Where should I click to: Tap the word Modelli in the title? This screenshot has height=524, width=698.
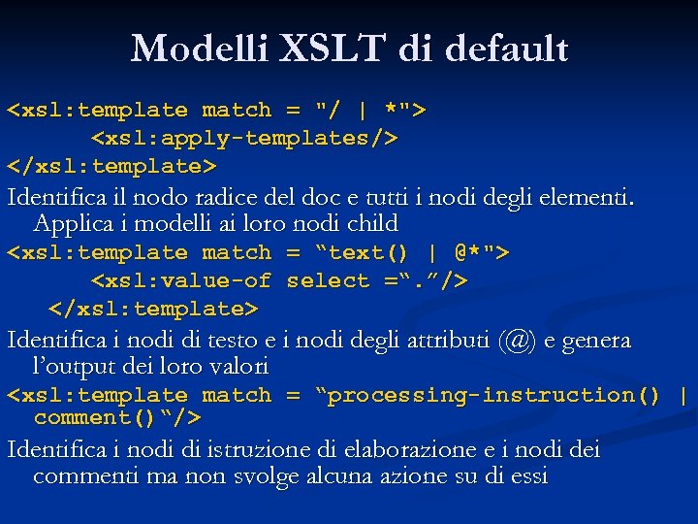click(x=198, y=49)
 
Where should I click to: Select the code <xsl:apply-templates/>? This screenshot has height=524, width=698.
click(x=244, y=138)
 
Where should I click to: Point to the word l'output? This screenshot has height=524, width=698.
click(x=69, y=367)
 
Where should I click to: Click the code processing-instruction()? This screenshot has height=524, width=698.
click(x=494, y=396)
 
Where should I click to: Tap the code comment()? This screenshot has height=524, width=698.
click(x=96, y=418)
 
